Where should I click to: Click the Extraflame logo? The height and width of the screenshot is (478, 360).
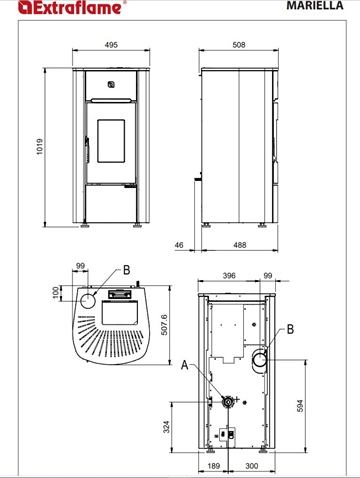pyautogui.click(x=71, y=7)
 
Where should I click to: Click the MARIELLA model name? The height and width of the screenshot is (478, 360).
pyautogui.click(x=315, y=5)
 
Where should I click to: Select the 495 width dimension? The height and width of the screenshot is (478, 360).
pyautogui.click(x=111, y=45)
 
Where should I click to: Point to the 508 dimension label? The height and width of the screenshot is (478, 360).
pyautogui.click(x=239, y=45)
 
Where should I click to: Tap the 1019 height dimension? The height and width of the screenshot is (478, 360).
pyautogui.click(x=40, y=147)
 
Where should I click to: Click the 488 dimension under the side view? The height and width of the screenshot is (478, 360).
pyautogui.click(x=239, y=245)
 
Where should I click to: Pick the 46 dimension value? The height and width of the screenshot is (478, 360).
pyautogui.click(x=179, y=245)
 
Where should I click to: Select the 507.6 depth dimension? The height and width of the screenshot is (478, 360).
pyautogui.click(x=164, y=325)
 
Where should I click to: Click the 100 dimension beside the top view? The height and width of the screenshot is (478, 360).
pyautogui.click(x=56, y=292)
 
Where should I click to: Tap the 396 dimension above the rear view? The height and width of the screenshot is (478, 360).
pyautogui.click(x=229, y=276)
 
